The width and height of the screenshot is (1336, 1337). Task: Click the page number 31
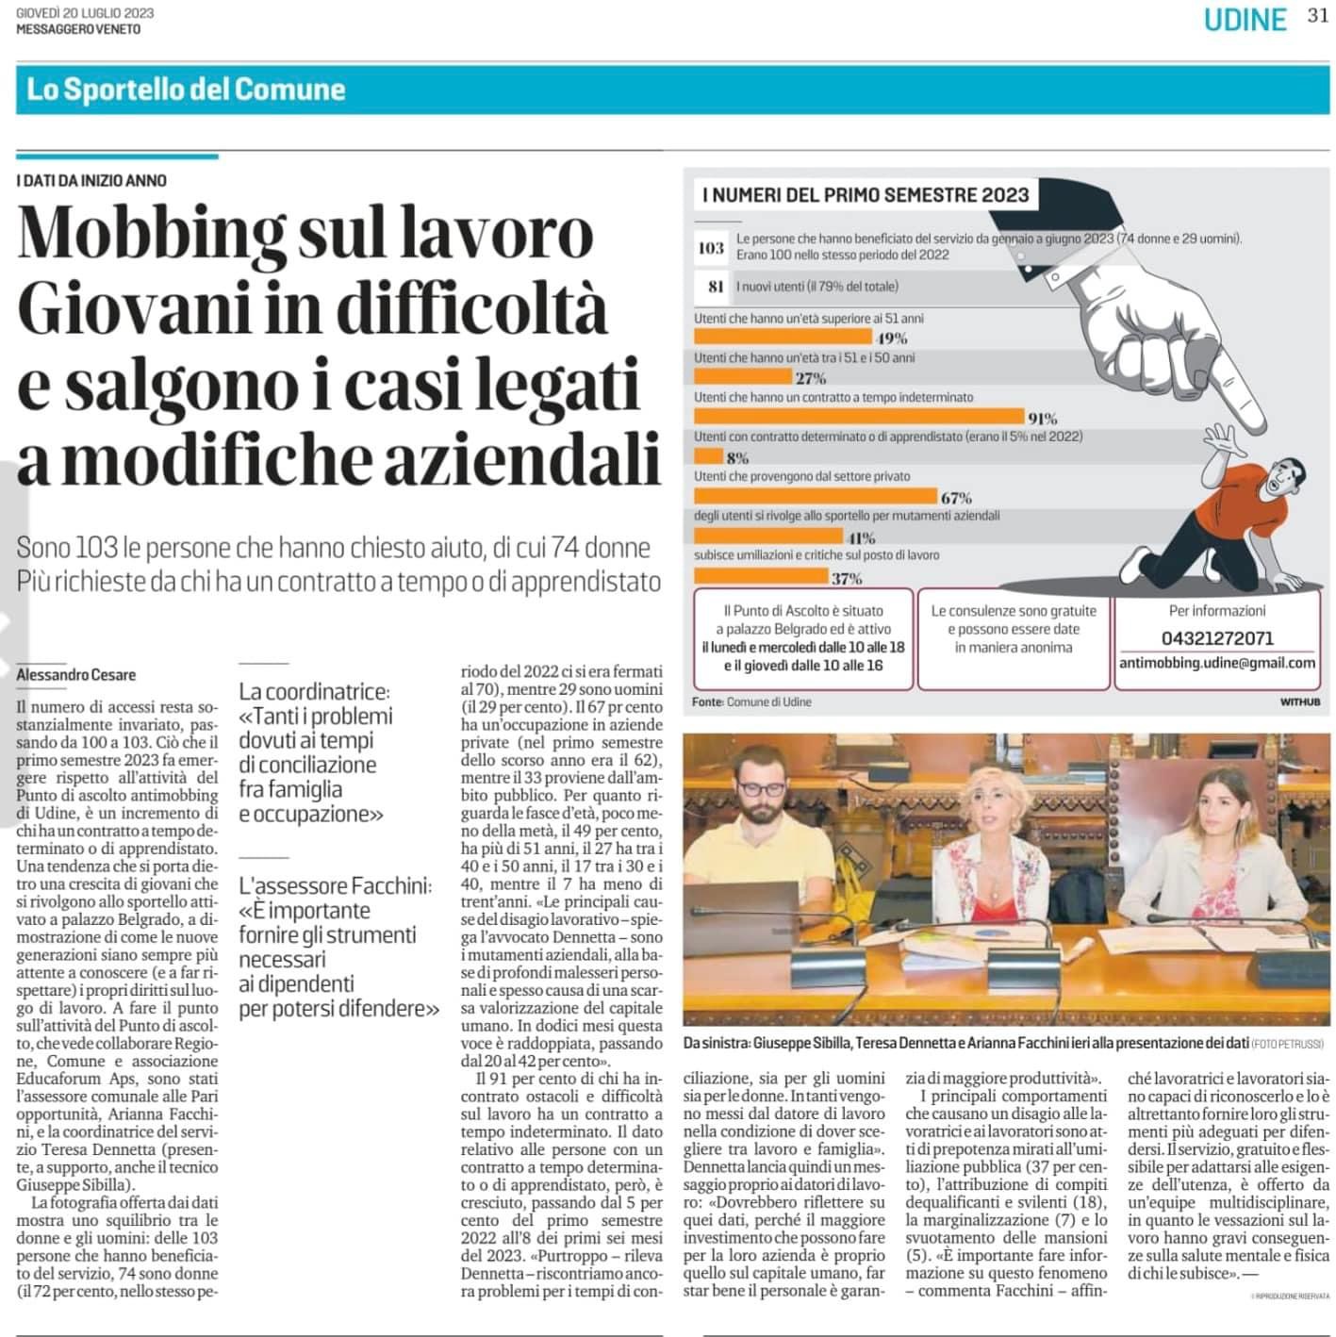[1317, 16]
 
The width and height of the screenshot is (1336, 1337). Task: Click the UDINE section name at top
[1245, 20]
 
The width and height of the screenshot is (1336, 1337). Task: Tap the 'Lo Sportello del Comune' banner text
[186, 90]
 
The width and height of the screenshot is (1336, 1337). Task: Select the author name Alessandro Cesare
[76, 675]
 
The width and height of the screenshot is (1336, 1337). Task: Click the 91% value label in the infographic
[1042, 418]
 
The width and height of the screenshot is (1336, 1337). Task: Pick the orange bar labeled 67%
[816, 496]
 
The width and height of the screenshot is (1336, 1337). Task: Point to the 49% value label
[891, 338]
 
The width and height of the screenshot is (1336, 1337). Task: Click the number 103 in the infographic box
[711, 248]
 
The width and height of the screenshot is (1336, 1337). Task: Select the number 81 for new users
[716, 287]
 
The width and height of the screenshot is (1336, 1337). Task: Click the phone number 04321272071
[1217, 638]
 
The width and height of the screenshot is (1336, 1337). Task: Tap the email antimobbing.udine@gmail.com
[1217, 663]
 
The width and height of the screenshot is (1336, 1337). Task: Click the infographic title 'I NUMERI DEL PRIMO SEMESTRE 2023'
[866, 195]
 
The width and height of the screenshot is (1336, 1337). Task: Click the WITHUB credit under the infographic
[1299, 702]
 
